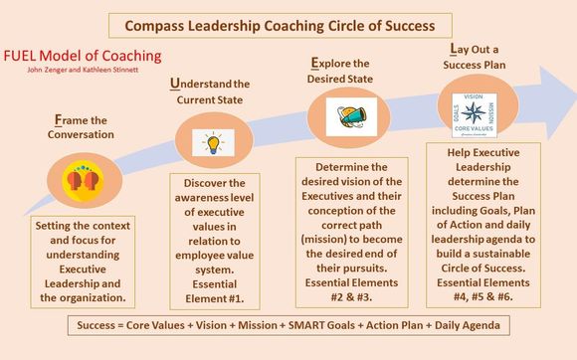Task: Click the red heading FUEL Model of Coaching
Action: pyautogui.click(x=82, y=57)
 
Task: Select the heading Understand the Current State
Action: pyautogui.click(x=210, y=92)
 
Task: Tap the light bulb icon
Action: pyautogui.click(x=211, y=140)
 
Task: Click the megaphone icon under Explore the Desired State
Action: pyautogui.click(x=345, y=116)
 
